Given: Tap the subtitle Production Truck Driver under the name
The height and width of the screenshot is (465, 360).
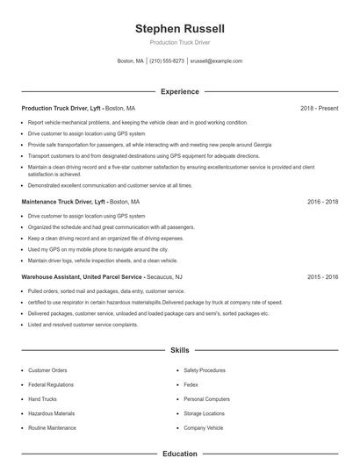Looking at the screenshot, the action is pyautogui.click(x=179, y=42).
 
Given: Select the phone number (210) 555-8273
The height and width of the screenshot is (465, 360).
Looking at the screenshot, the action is pyautogui.click(x=167, y=61).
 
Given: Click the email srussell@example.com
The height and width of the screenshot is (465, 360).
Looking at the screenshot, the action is pyautogui.click(x=216, y=61).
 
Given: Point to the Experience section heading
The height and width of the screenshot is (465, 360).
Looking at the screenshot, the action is pyautogui.click(x=179, y=91).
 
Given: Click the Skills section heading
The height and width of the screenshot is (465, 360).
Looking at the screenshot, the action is pyautogui.click(x=179, y=350).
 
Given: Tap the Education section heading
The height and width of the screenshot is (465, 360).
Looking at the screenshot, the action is pyautogui.click(x=179, y=454).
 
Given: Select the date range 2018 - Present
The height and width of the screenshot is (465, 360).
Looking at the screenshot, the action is pyautogui.click(x=320, y=108).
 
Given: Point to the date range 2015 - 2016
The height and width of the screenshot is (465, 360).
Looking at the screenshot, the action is pyautogui.click(x=322, y=276).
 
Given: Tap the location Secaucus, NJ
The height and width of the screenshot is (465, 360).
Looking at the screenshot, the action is pyautogui.click(x=165, y=276).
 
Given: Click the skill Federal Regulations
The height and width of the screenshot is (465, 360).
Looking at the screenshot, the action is pyautogui.click(x=51, y=384).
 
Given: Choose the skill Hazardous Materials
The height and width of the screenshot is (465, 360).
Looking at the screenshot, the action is pyautogui.click(x=51, y=412).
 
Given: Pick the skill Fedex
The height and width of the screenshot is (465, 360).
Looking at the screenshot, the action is pyautogui.click(x=191, y=384).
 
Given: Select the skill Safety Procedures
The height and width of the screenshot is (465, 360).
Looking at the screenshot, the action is pyautogui.click(x=205, y=370).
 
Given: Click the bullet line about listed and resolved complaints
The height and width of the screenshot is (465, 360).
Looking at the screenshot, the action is pyautogui.click(x=83, y=324).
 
